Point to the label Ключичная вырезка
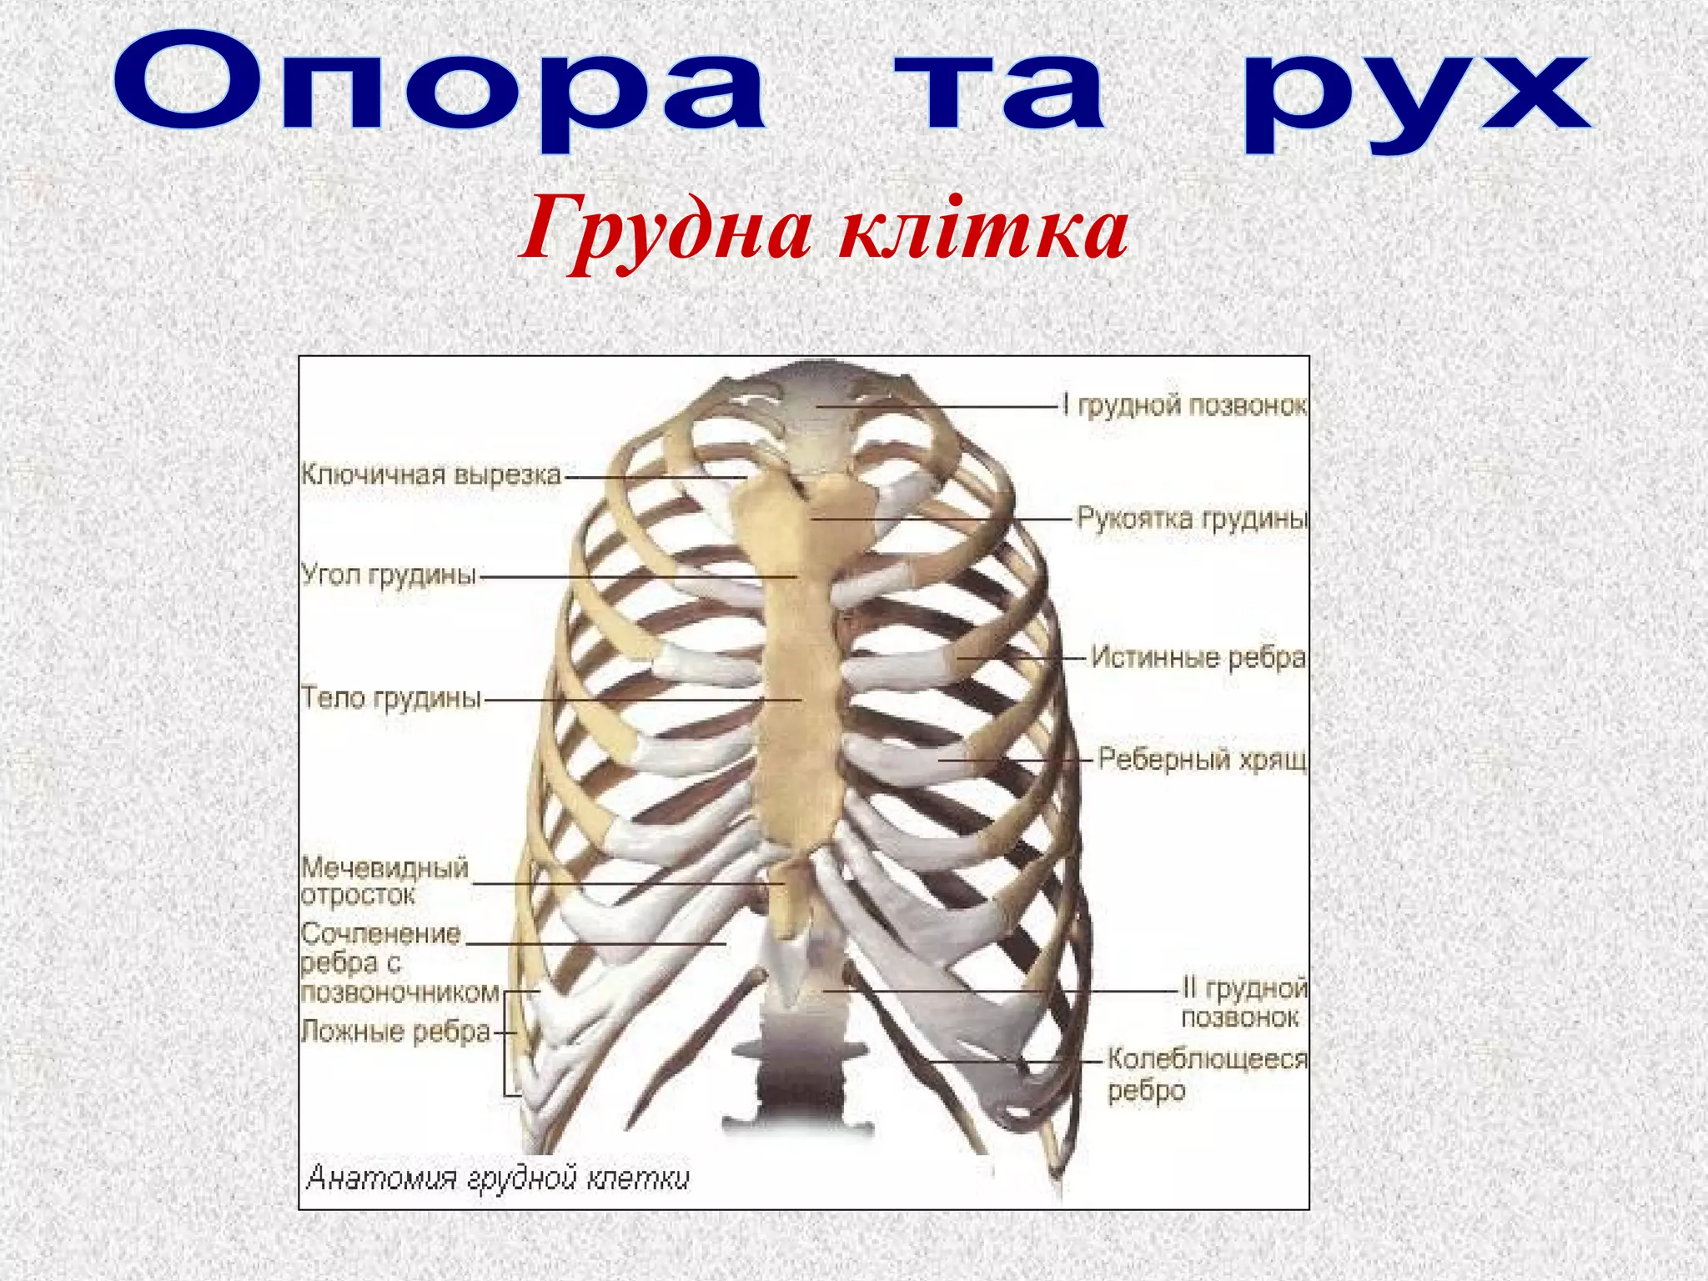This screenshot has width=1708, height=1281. [430, 475]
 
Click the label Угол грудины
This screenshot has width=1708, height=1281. [389, 575]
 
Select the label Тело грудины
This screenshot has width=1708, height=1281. [390, 697]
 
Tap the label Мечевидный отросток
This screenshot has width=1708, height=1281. [384, 882]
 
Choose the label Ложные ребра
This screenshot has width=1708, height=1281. [395, 1032]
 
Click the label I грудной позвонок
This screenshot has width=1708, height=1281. [1184, 405]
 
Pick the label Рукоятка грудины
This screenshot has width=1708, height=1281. [1192, 519]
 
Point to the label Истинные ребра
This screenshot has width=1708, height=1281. [1198, 658]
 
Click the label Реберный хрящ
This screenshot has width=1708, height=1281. [1202, 759]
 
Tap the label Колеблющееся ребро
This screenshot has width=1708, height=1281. [1206, 1074]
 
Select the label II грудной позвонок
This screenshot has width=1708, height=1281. [1243, 1003]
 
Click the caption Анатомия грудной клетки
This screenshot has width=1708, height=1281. [498, 1177]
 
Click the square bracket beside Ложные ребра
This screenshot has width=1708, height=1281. [507, 1042]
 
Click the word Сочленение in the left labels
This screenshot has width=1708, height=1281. [381, 933]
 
